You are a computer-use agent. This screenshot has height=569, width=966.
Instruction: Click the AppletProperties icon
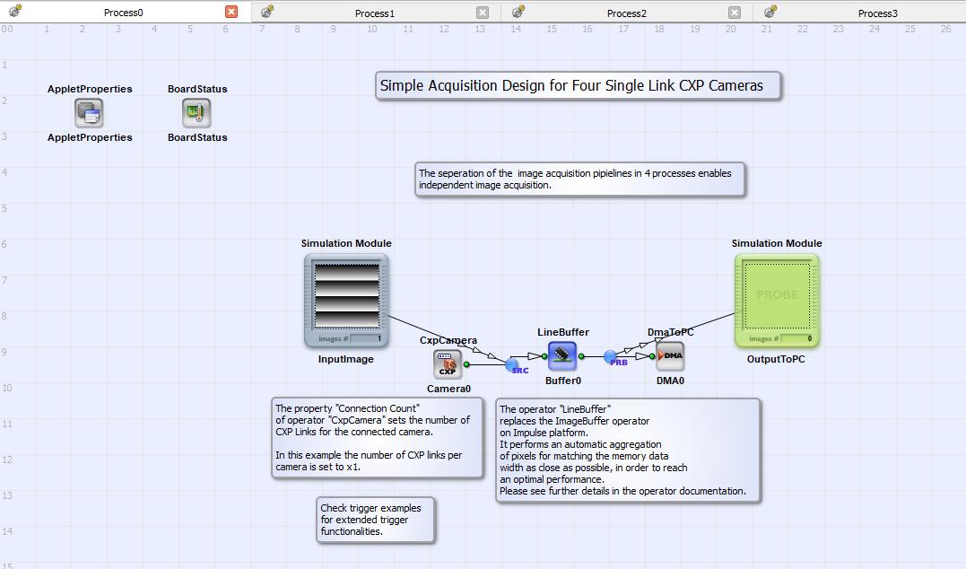(x=90, y=113)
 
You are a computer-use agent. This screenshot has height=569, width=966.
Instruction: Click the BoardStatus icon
(x=196, y=113)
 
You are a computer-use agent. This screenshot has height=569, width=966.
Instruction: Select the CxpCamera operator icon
(x=448, y=364)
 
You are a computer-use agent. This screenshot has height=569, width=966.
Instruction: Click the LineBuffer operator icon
(x=561, y=356)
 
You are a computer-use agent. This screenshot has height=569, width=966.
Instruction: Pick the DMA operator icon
(x=670, y=356)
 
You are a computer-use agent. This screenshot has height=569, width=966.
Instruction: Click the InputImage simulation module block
(x=346, y=301)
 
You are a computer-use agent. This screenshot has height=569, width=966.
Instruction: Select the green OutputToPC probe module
(x=777, y=301)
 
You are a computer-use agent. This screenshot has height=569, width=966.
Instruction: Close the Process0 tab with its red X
(x=231, y=12)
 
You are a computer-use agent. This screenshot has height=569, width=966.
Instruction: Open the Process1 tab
(x=375, y=13)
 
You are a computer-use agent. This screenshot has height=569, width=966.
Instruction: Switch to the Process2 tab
(x=627, y=13)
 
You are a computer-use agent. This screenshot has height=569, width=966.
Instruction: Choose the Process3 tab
(x=878, y=13)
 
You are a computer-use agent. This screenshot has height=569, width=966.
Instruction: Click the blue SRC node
(x=512, y=365)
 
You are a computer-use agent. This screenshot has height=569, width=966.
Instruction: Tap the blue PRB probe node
(x=610, y=357)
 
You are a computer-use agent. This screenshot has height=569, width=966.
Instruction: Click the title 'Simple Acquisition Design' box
(x=578, y=85)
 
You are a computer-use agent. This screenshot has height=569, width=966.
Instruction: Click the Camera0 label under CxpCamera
(x=448, y=389)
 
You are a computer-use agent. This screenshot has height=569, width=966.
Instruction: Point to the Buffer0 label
(x=563, y=381)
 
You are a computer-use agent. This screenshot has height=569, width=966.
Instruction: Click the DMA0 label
(x=670, y=381)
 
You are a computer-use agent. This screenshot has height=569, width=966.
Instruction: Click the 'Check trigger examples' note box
(x=375, y=520)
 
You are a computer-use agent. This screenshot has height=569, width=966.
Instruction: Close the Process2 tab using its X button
(x=735, y=13)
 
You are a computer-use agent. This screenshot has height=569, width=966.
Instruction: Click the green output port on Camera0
(x=466, y=364)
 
